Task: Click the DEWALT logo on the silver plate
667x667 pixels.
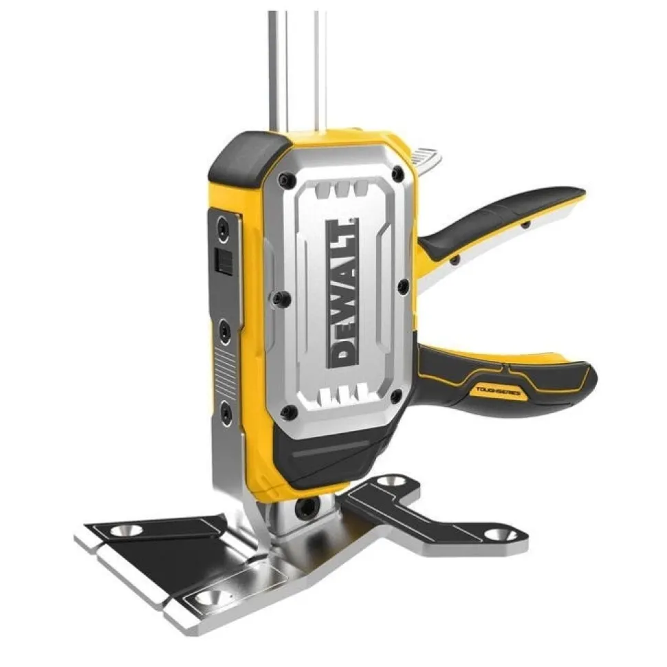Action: pyautogui.click(x=342, y=294)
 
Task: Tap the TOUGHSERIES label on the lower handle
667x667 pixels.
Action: pyautogui.click(x=498, y=390)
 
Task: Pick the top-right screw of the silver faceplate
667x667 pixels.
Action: pyautogui.click(x=397, y=173)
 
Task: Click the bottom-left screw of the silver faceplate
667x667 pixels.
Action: pyautogui.click(x=289, y=411)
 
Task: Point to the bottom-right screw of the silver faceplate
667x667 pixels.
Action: pyautogui.click(x=396, y=397)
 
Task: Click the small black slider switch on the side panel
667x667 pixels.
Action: pyautogui.click(x=223, y=260)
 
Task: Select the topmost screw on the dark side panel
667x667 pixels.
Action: pyautogui.click(x=223, y=226)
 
